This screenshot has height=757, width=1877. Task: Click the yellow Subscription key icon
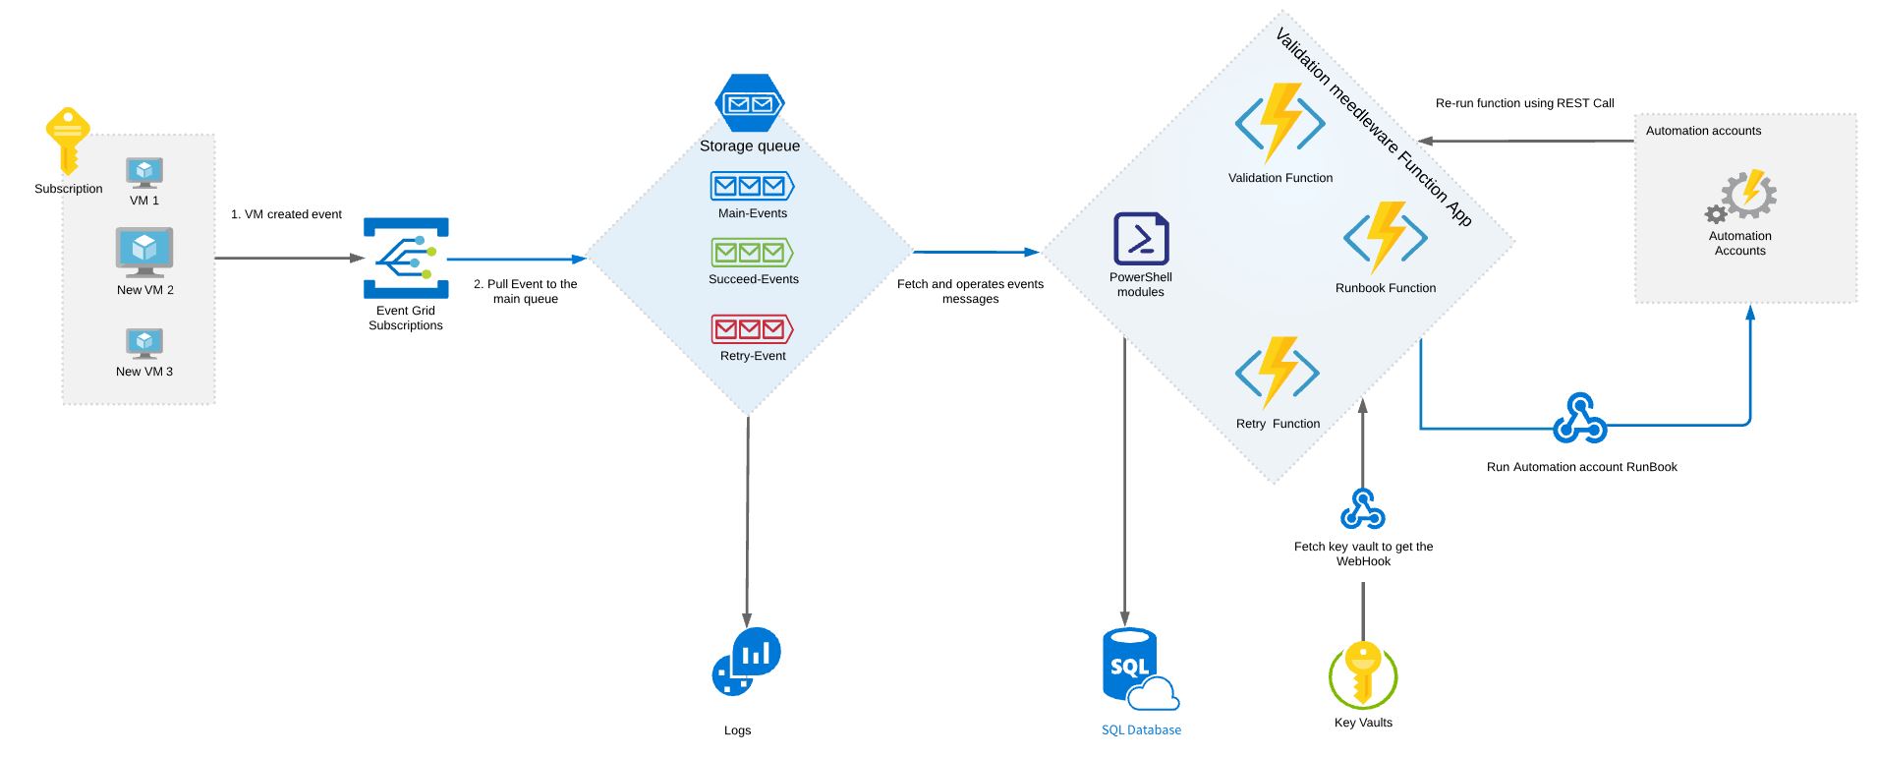point(68,142)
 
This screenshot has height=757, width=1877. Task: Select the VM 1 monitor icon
point(144,173)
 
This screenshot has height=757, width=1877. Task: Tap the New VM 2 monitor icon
point(144,253)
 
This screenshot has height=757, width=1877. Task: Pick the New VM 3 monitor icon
point(144,343)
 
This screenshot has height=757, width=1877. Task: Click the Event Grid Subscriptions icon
point(406,258)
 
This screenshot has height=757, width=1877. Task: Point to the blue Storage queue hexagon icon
point(750,103)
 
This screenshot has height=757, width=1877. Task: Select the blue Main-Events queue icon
point(752,186)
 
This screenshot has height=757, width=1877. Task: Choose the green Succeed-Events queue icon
point(752,253)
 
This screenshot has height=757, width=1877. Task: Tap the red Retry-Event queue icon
point(752,328)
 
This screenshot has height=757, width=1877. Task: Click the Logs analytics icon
point(746,662)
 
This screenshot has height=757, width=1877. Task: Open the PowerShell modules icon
point(1141,239)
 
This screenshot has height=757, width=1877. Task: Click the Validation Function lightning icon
point(1280,123)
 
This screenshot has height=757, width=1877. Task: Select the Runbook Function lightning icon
point(1386,237)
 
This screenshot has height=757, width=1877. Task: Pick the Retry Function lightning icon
point(1278,373)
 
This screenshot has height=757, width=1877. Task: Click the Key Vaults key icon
point(1363,675)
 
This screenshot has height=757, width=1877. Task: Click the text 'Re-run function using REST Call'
point(1524,103)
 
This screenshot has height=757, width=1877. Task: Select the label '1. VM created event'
point(286,214)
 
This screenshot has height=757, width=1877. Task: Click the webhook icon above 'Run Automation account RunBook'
point(1580,419)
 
